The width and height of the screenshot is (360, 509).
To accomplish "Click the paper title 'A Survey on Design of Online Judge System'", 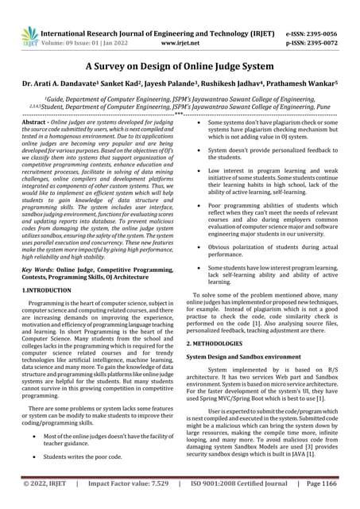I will click(180, 68).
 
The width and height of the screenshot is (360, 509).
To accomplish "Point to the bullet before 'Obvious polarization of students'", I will click(195, 249).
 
